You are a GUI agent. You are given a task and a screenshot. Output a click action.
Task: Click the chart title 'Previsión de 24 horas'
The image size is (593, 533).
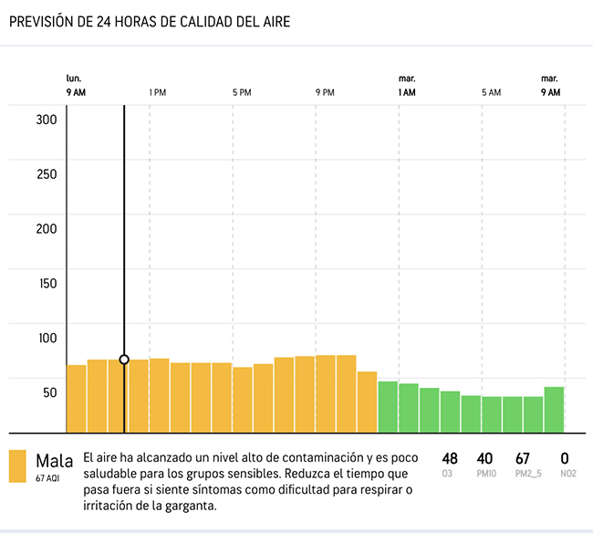150,21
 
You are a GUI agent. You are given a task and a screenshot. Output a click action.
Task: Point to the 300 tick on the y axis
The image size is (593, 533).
47,120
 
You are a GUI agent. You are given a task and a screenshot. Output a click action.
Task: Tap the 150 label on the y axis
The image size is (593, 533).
47,283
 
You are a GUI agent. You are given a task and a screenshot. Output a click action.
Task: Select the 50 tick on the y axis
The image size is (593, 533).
49,392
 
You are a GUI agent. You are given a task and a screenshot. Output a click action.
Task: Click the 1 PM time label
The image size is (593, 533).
157,92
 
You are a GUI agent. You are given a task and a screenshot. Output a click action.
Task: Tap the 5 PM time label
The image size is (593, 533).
241,92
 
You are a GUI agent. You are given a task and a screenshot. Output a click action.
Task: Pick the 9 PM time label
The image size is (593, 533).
325,92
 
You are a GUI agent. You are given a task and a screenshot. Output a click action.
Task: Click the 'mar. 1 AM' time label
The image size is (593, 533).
407,86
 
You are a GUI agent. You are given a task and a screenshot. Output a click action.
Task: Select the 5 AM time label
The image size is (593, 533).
491,92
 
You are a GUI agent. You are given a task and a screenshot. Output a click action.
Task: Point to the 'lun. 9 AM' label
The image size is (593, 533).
77,86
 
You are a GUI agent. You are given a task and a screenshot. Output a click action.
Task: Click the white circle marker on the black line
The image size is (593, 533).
124,360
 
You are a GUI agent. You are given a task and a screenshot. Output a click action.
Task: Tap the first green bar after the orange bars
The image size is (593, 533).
388,407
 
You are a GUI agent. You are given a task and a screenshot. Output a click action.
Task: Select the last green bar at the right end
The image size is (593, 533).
553,410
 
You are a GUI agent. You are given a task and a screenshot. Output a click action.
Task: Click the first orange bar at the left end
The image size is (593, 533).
77,399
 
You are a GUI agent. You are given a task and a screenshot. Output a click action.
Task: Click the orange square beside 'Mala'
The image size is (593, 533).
17,465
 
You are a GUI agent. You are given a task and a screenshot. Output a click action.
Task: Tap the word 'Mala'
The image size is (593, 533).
54,460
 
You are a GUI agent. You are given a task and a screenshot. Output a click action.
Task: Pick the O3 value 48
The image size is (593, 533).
449,458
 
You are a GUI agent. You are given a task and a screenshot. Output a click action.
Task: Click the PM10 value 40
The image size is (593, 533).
484,458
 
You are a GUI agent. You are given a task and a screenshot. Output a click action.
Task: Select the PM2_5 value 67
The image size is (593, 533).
522,458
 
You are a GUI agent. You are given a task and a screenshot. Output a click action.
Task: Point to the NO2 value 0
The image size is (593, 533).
565,458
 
